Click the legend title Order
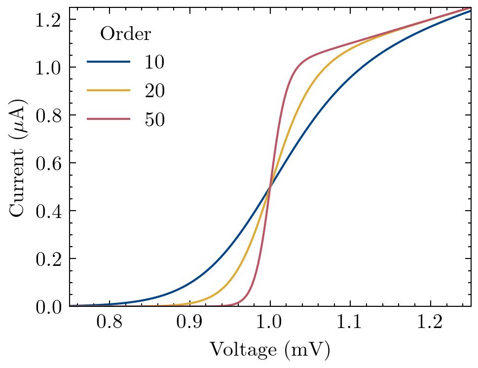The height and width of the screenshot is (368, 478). point(125,34)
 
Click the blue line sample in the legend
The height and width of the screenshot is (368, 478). point(109,62)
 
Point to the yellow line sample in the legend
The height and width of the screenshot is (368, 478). point(109,91)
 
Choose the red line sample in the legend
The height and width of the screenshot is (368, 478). point(109,119)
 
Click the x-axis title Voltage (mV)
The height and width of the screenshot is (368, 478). point(270,350)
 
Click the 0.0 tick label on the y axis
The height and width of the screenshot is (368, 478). point(48,307)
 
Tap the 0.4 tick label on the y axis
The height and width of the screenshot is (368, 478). point(48,211)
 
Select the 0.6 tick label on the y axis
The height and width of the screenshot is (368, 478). point(48,163)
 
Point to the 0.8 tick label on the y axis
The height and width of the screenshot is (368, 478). point(48,115)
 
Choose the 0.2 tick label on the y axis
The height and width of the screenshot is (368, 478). point(48,259)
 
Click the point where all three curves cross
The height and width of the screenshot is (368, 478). point(270,186)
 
